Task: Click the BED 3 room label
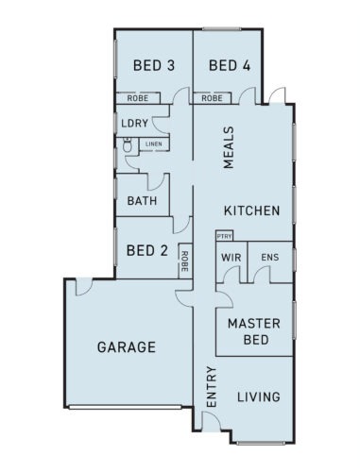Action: coord(154,65)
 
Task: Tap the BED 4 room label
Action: coord(230,65)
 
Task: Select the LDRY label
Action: coord(135,123)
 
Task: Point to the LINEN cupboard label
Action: coord(154,144)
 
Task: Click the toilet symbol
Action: coord(128,145)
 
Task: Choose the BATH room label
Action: coord(142,201)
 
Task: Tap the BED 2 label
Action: coord(147,251)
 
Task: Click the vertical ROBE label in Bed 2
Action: coord(185,261)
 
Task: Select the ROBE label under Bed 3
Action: coord(138,98)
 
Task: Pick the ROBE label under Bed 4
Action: coord(212,98)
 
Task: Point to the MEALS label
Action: coord(229,147)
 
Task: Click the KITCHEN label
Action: coord(252,211)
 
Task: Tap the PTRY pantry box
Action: coord(225,236)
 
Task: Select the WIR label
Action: coord(231,258)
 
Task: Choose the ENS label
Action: coord(270,258)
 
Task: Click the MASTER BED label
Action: coord(254,331)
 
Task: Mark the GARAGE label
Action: coord(127,347)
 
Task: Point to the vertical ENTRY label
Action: coord(212,387)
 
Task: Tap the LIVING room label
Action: coord(259,396)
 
